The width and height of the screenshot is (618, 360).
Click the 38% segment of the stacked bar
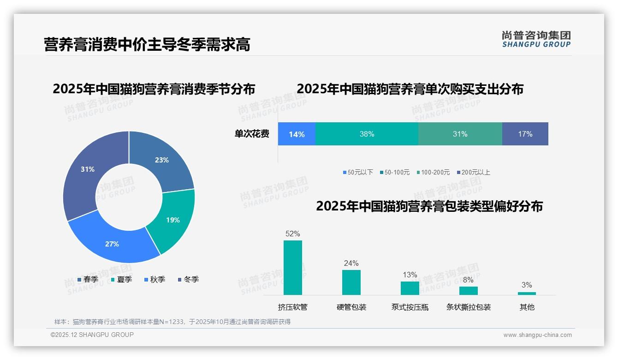(367, 134)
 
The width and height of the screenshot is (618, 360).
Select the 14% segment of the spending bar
(297, 134)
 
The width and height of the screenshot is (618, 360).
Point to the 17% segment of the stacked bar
(525, 134)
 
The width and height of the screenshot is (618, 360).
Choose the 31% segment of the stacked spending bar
(460, 134)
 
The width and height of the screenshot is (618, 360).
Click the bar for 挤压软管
(293, 268)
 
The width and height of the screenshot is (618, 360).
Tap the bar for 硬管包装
(351, 282)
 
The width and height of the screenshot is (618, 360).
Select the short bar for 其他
(527, 293)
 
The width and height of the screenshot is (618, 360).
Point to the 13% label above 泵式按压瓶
(410, 275)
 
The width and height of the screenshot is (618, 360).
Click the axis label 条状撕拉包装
(468, 307)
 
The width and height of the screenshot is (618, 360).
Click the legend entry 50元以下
(358, 173)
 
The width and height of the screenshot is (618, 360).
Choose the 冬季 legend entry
(188, 280)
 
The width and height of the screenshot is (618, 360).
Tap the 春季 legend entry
(88, 280)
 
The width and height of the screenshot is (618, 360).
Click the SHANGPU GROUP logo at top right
(536, 39)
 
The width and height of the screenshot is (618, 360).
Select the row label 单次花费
(252, 134)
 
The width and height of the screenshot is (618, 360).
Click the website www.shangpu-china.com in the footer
(537, 335)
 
